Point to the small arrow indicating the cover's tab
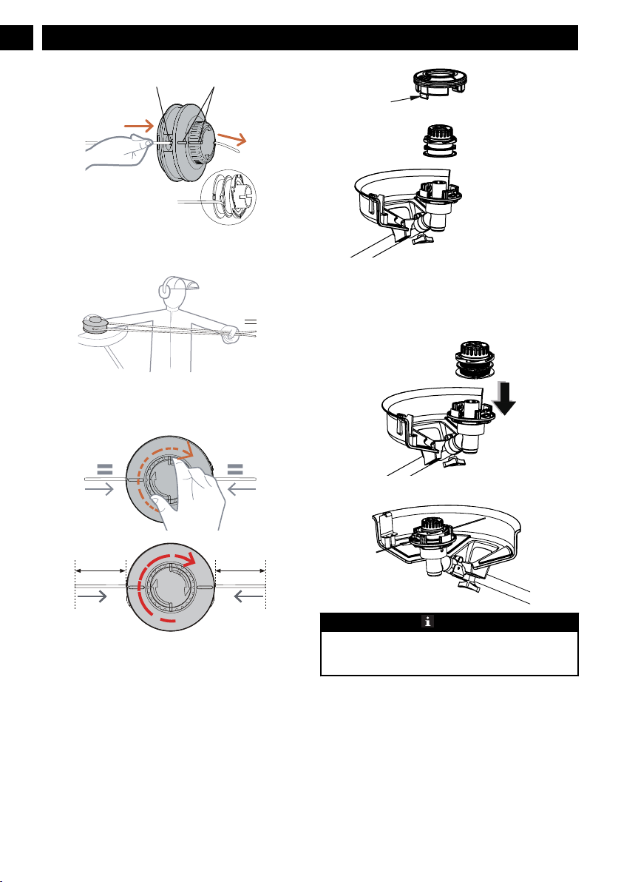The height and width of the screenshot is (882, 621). [x=404, y=98]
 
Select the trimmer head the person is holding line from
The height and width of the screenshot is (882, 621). [x=94, y=324]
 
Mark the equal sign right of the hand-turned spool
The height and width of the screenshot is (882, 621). [x=238, y=468]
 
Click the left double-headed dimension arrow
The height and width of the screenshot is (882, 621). [x=100, y=570]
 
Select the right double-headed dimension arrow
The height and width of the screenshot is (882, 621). [x=241, y=570]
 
